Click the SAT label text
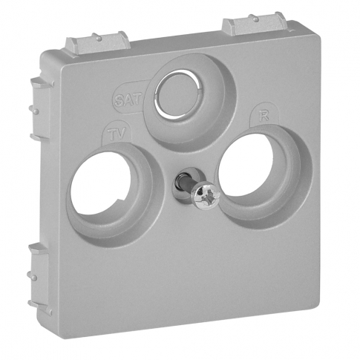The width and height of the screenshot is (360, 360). [x=128, y=100]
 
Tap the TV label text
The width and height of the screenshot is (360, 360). [x=117, y=134]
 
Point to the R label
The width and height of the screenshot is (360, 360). [x=264, y=117]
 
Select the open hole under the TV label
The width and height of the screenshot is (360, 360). [x=100, y=183]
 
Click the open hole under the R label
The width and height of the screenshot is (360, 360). [x=246, y=165]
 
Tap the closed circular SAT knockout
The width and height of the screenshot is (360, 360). [x=177, y=95]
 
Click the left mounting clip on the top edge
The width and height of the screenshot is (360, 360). [x=97, y=42]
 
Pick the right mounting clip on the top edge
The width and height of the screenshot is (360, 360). [x=255, y=24]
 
